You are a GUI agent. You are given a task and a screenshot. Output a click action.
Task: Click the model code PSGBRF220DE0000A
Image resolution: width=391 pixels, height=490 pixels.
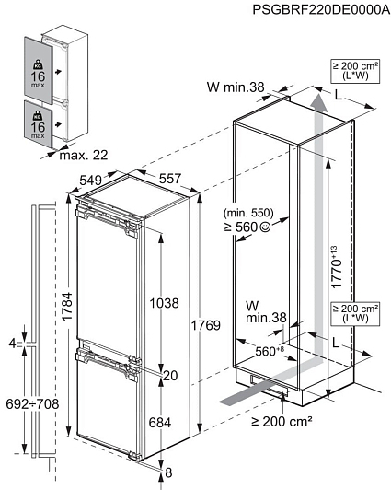[321, 10]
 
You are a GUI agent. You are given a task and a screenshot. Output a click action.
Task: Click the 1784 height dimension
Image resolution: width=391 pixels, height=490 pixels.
[67, 306]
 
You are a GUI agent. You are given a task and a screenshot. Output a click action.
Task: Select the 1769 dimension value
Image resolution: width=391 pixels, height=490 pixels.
[206, 325]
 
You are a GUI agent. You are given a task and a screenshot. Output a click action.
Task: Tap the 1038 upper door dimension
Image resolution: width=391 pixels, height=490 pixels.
[164, 303]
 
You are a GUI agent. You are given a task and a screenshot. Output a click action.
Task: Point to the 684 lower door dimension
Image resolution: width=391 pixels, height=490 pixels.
[160, 423]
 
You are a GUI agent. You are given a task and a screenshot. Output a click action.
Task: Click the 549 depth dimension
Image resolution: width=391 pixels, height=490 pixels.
[90, 181]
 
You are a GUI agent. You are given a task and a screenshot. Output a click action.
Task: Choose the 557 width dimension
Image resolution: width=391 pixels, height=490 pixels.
[170, 179]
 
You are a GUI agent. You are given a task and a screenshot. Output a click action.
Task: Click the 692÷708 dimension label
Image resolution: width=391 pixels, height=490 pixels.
[32, 404]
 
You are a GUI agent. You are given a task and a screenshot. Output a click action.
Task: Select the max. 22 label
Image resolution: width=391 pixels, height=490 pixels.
[84, 155]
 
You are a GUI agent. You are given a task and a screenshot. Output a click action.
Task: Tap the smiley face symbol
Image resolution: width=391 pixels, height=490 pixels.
[265, 227]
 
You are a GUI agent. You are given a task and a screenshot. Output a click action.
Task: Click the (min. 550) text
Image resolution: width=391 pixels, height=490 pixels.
[248, 213]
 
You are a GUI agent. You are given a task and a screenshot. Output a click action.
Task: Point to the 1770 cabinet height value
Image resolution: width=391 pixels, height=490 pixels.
[336, 267]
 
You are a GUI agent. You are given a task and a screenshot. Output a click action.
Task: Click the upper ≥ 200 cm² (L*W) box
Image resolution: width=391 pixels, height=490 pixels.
[355, 71]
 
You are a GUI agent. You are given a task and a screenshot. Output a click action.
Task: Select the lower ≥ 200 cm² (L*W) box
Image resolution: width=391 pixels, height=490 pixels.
[355, 313]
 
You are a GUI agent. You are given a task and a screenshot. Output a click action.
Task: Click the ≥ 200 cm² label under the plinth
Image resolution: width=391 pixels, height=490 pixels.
[282, 422]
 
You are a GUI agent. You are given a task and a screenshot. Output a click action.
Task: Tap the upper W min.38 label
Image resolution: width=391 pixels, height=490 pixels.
[236, 87]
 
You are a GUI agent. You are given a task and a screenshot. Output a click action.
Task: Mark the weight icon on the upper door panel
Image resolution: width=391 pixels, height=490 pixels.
[38, 64]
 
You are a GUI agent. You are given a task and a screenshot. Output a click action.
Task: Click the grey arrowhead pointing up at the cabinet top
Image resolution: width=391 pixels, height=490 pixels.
[318, 102]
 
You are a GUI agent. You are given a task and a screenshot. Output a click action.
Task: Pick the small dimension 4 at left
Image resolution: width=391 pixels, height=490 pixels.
[12, 344]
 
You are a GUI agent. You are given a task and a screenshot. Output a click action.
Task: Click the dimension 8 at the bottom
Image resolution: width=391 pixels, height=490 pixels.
[168, 472]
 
